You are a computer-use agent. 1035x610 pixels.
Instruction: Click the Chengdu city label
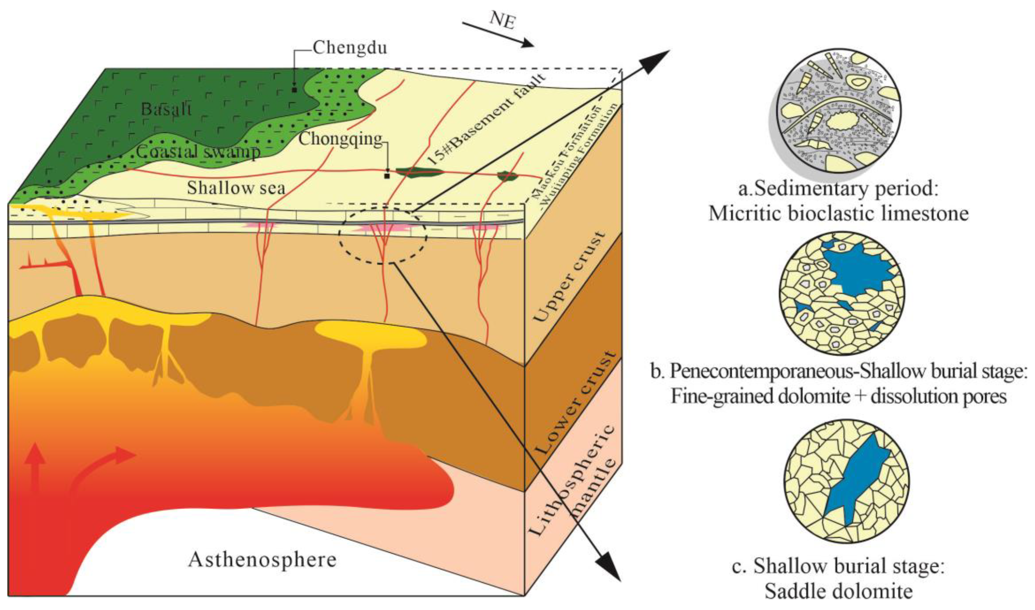350,48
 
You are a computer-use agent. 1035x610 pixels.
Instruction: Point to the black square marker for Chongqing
387,176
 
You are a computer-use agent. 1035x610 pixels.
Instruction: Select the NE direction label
503,19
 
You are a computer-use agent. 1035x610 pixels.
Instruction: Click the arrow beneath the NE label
498,35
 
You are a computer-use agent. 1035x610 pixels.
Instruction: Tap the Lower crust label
576,404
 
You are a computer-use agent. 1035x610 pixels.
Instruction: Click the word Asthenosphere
262,560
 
